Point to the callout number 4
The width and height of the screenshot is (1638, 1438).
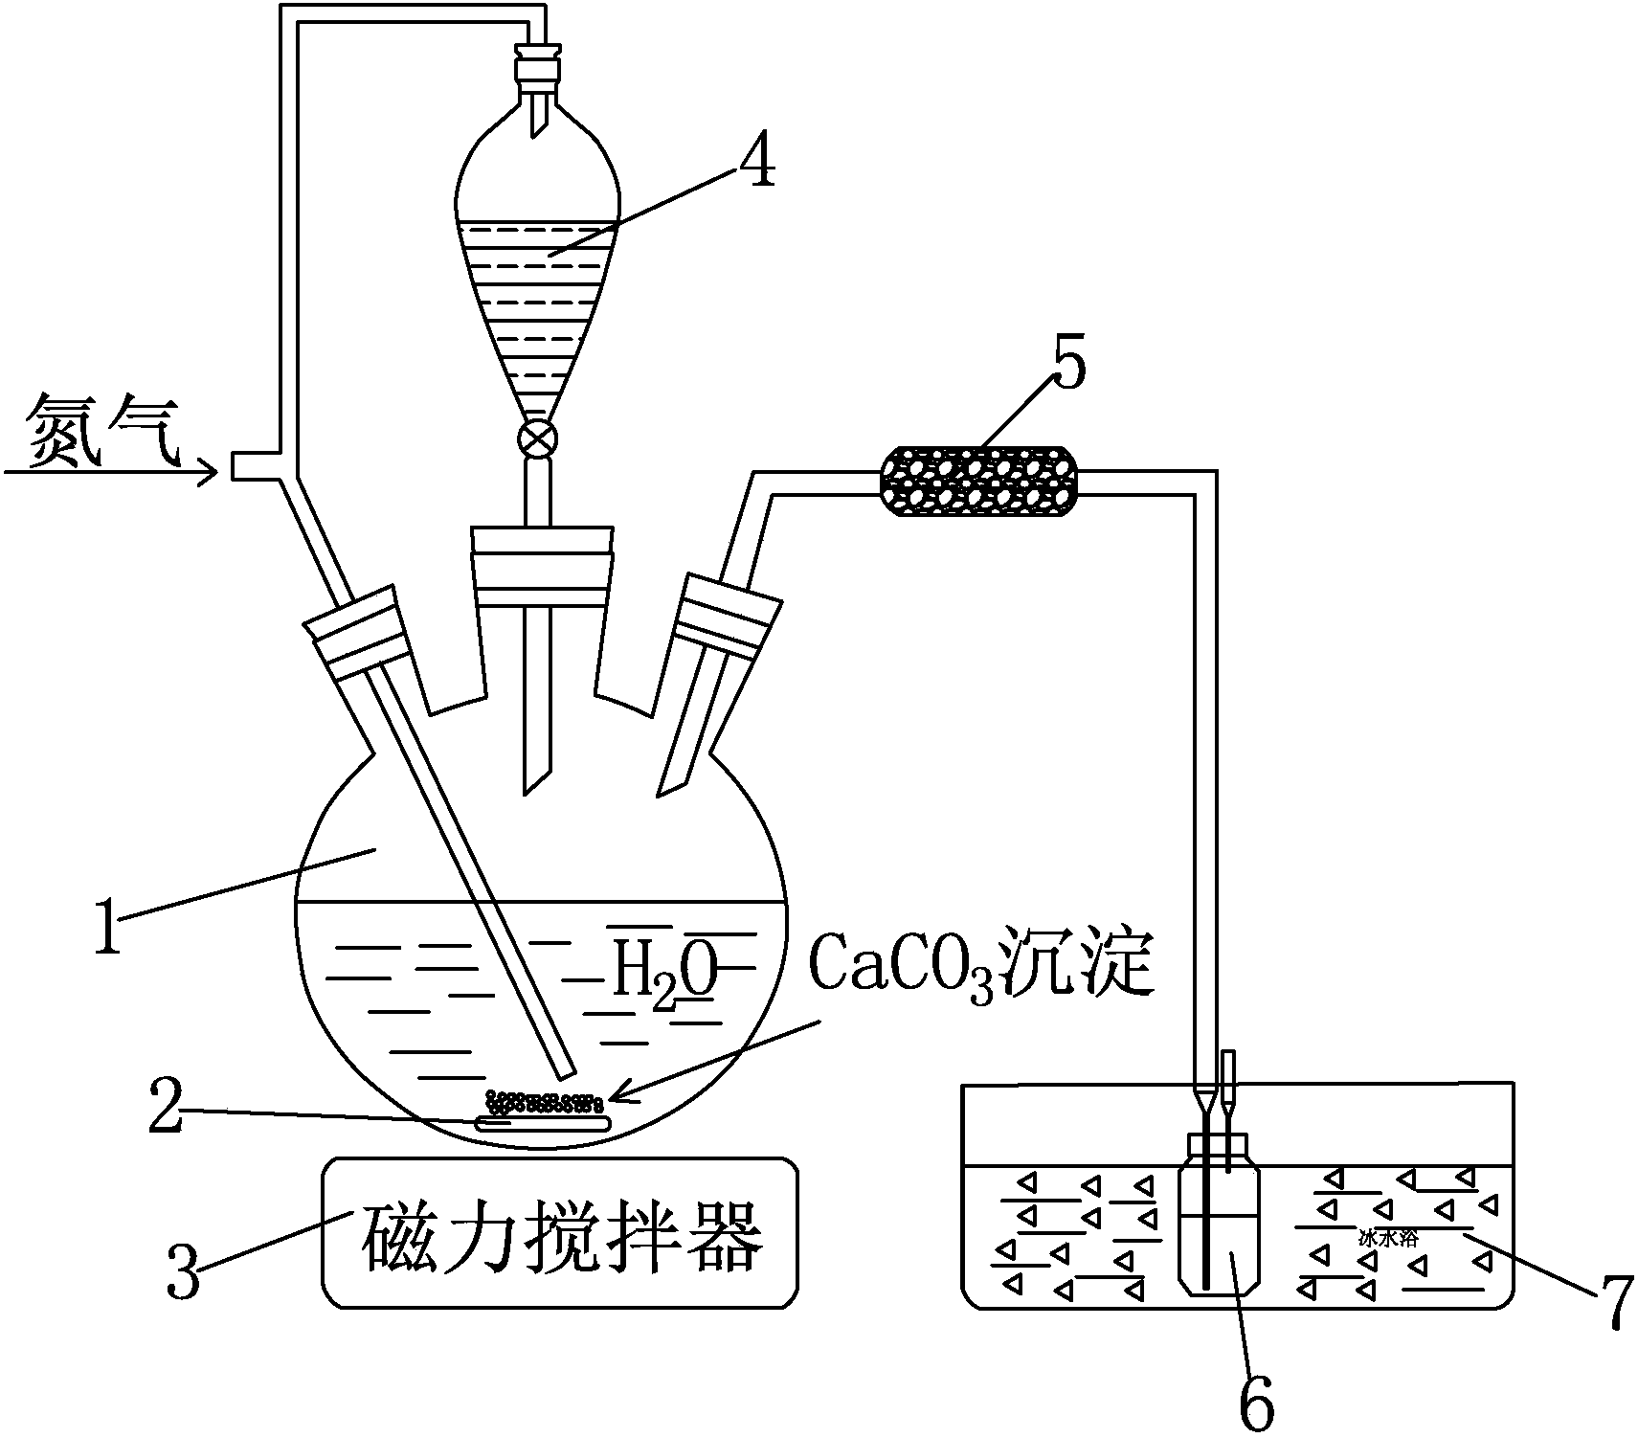tap(756, 164)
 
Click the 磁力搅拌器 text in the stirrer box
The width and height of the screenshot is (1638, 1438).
tap(563, 1235)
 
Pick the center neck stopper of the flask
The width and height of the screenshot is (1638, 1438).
tap(542, 565)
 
